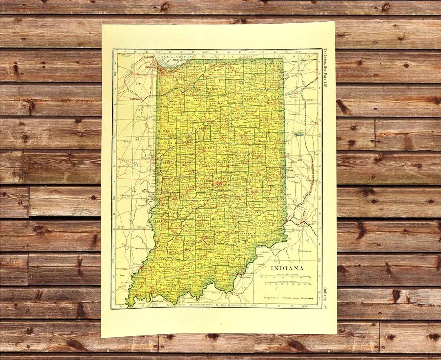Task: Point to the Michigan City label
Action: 181,60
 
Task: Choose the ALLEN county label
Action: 273,97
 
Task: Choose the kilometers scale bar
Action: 288,283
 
